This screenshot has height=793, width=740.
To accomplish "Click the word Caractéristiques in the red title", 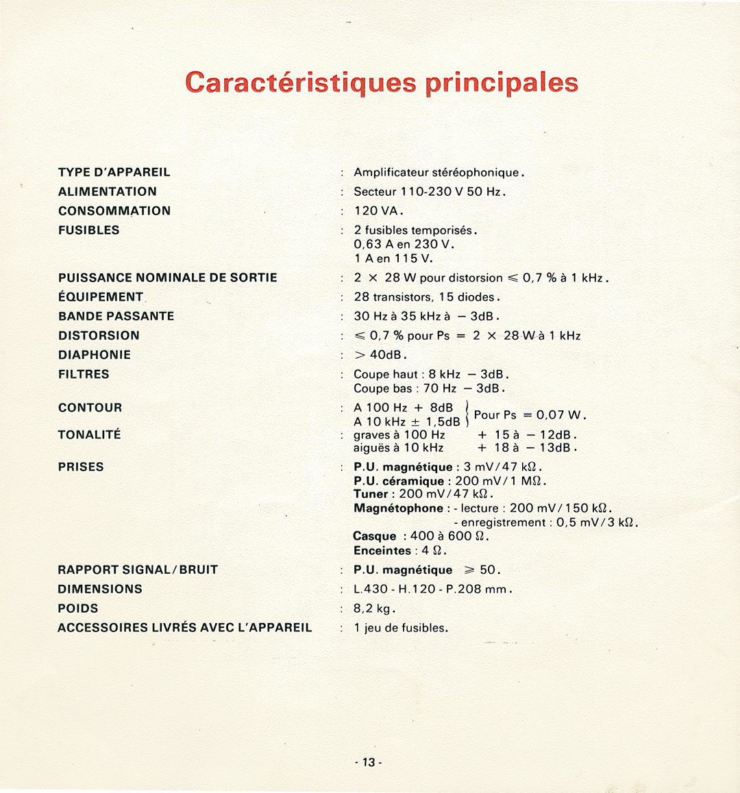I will tap(300, 82).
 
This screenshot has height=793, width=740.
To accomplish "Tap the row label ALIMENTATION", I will tap(108, 192).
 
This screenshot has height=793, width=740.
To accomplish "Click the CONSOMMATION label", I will tap(114, 211).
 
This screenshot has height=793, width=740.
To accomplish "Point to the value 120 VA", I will tap(378, 211).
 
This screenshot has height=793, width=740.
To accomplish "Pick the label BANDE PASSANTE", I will tap(116, 316).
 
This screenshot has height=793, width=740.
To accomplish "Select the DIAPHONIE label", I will tap(95, 355).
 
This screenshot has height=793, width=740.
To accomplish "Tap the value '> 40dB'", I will tap(380, 355).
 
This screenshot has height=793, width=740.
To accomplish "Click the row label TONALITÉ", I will tap(90, 434).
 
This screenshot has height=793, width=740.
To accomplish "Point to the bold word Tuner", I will tap(371, 494).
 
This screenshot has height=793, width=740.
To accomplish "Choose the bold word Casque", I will tap(375, 536).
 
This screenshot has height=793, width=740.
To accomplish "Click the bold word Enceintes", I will tap(382, 551).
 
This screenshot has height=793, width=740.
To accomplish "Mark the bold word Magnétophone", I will tap(398, 508).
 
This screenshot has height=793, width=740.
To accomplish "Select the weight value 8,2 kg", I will tap(374, 608).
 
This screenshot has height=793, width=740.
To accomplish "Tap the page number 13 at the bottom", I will tap(369, 763).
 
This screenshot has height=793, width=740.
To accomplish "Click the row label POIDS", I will tap(78, 608).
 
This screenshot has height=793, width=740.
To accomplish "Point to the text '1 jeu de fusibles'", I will tap(401, 628).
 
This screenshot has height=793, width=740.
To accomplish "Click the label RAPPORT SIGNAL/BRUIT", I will tap(138, 570).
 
